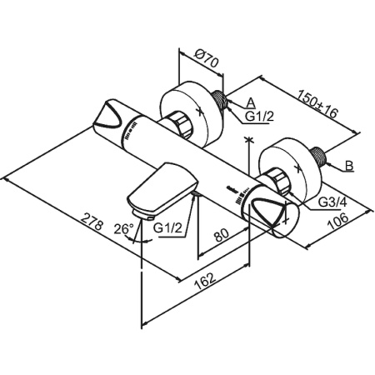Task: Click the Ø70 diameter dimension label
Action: (x=206, y=58)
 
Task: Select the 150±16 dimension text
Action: (x=317, y=103)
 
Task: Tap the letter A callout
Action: (x=251, y=102)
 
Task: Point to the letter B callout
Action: (x=349, y=166)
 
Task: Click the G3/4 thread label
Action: (x=332, y=202)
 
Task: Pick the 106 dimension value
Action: (x=337, y=222)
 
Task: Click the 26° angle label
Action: (x=123, y=229)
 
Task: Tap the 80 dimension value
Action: (x=222, y=235)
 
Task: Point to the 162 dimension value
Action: (x=205, y=281)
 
